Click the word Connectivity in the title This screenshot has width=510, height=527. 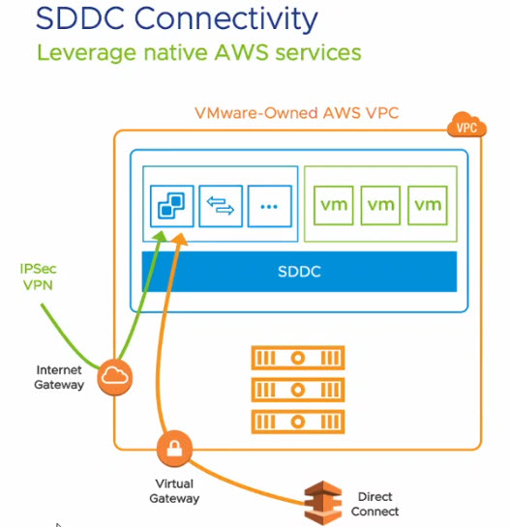225,18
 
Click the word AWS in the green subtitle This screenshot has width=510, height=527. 241,53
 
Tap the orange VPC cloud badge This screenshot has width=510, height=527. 466,125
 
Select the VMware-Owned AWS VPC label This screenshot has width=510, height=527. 296,113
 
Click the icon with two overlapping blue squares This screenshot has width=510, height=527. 171,206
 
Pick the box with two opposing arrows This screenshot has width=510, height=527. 221,206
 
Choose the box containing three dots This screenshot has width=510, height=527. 269,206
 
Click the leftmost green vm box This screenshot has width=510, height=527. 333,205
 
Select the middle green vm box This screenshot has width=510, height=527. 380,205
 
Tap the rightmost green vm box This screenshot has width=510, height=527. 428,205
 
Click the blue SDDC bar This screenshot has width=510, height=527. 299,272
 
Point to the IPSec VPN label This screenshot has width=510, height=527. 38,278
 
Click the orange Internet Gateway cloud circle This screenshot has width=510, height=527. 115,377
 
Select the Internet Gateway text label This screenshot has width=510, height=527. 59,377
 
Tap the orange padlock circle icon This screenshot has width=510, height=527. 174,449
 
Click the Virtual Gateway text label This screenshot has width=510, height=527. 174,490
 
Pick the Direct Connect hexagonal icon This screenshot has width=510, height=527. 322,502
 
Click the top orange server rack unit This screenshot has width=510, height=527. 298,358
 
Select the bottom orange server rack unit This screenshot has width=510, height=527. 298,422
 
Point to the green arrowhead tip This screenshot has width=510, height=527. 163,231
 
